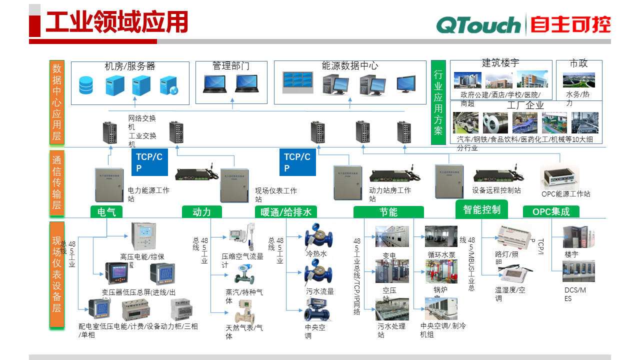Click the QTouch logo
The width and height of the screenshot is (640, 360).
pos(478,24)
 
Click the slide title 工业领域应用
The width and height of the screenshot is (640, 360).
pos(116,22)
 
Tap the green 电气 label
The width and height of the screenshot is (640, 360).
pos(106,212)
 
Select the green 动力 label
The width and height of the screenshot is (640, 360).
pos(201,212)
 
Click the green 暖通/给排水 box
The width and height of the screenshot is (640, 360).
pos(286,212)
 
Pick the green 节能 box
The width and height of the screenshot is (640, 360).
pos(388,212)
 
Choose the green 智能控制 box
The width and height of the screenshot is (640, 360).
pos(481,209)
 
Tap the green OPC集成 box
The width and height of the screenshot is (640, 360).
pos(551,212)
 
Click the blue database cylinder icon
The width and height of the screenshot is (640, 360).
pos(86,85)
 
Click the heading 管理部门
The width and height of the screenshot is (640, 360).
pos(230,66)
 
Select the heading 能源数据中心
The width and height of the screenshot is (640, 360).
pos(349,65)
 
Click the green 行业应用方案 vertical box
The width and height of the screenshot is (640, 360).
pos(438,102)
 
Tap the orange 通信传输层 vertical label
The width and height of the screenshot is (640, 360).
pos(57,182)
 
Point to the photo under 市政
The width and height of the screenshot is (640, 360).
pos(578,80)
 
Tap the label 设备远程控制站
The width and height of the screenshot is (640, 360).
pos(496,190)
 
